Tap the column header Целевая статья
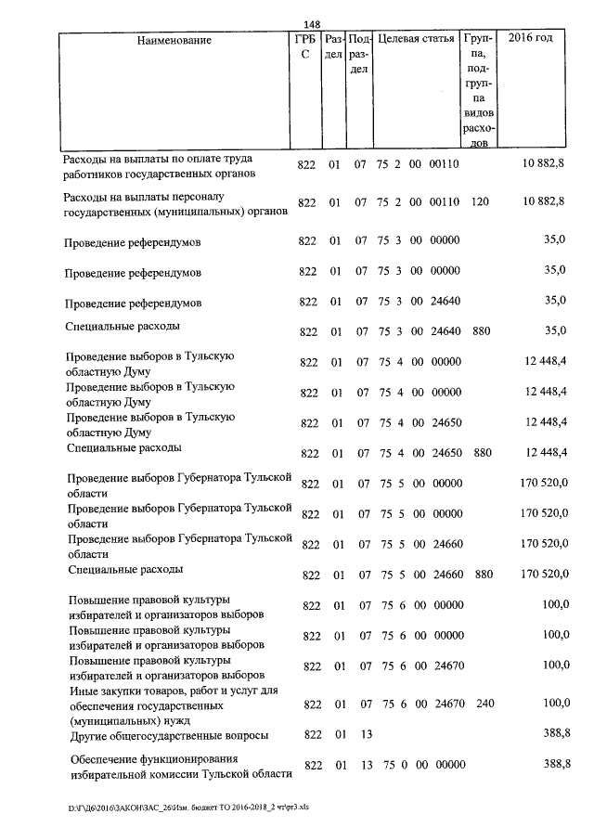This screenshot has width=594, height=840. pos(416,40)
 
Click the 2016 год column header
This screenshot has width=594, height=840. pos(532,39)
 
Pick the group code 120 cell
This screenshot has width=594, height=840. pos(480,202)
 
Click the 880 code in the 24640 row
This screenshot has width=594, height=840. pos(481,331)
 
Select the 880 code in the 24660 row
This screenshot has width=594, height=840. pos(483,575)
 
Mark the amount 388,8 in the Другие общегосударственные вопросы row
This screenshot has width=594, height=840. pos(555,733)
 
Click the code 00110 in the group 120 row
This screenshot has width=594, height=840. pos(445,202)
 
